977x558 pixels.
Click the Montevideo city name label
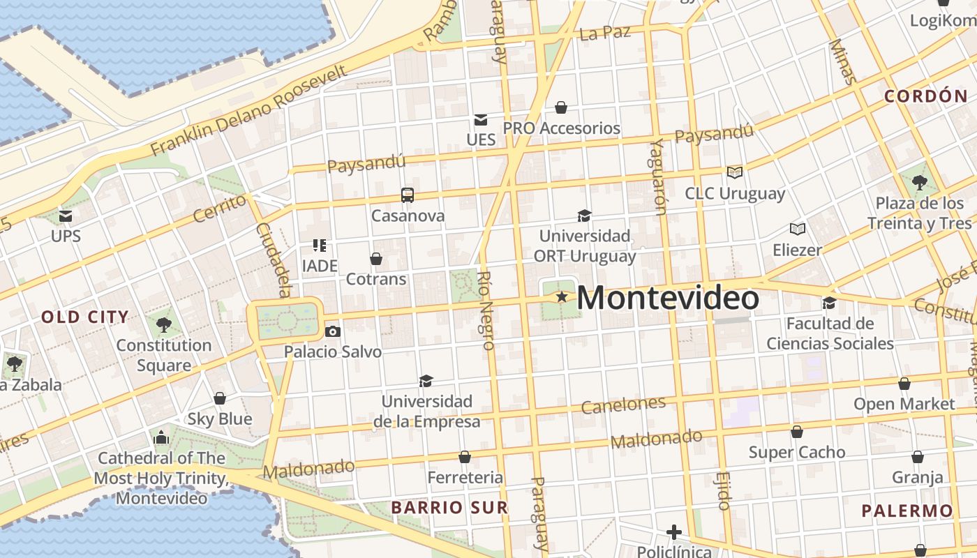[x=668, y=299]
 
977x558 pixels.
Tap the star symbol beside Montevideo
[x=562, y=297]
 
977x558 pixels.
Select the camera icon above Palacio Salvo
[x=333, y=331]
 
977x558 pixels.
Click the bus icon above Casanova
[x=408, y=195]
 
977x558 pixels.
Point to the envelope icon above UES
[x=481, y=120]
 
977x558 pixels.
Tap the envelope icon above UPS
[x=66, y=216]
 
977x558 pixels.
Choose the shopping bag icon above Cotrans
[x=376, y=259]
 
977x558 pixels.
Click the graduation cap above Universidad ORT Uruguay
[x=584, y=216]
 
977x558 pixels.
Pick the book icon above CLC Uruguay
[x=734, y=172]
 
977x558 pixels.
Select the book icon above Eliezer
[x=798, y=229]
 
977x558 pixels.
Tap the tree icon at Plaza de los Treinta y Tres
[x=920, y=183]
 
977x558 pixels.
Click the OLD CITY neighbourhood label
[x=85, y=317]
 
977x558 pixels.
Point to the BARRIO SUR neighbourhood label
[x=449, y=507]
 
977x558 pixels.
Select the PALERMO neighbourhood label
[x=907, y=511]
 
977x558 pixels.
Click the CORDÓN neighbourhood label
[x=926, y=96]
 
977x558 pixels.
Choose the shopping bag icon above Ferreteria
[x=465, y=458]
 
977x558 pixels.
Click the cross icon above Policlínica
[x=673, y=533]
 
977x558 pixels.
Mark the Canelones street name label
[x=623, y=405]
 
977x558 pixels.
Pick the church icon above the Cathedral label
[x=161, y=438]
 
